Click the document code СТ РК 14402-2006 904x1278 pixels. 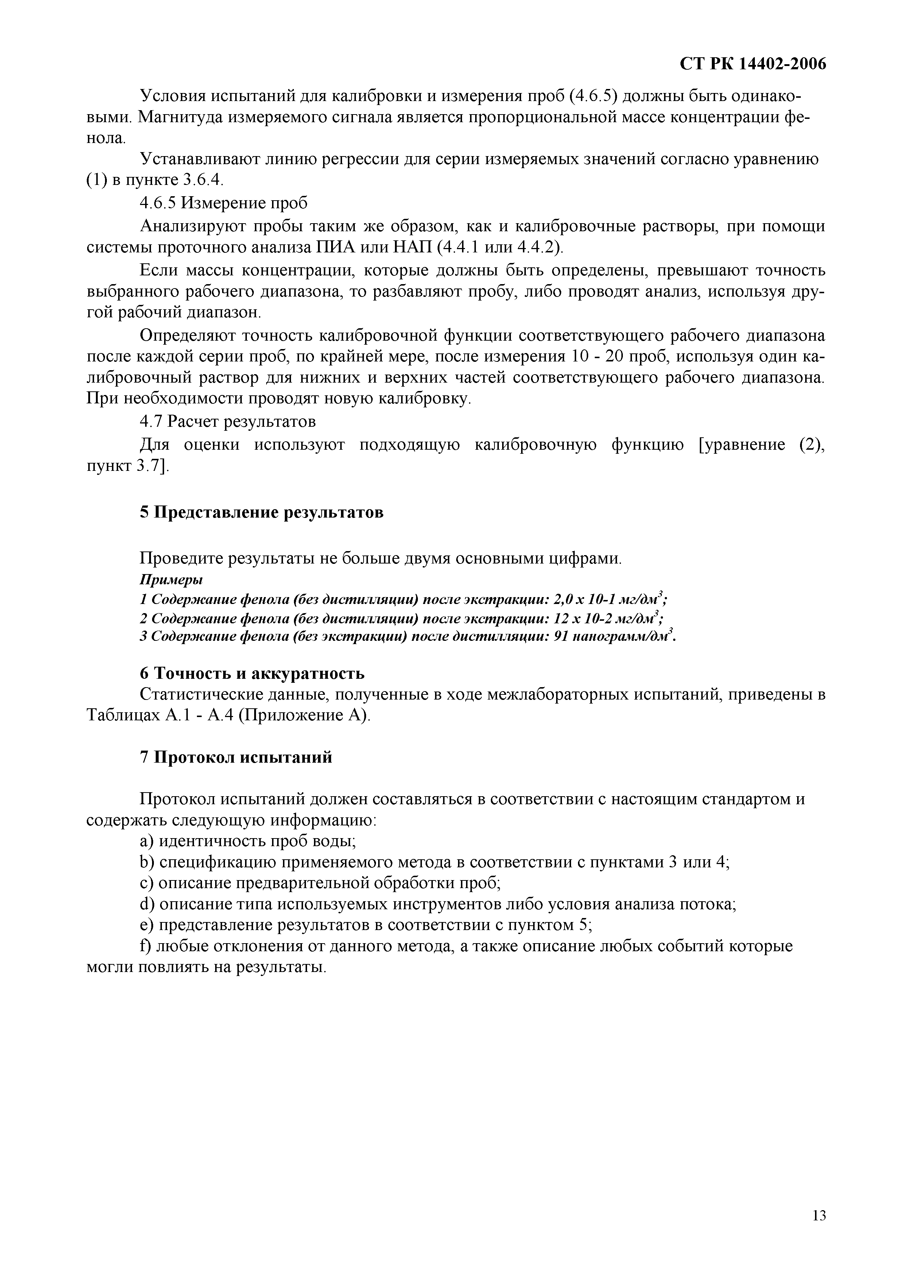pyautogui.click(x=753, y=65)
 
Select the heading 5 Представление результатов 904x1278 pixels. pyautogui.click(x=261, y=512)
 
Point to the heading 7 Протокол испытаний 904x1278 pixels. pyautogui.click(x=236, y=757)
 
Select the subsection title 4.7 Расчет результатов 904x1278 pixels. pyautogui.click(x=227, y=421)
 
